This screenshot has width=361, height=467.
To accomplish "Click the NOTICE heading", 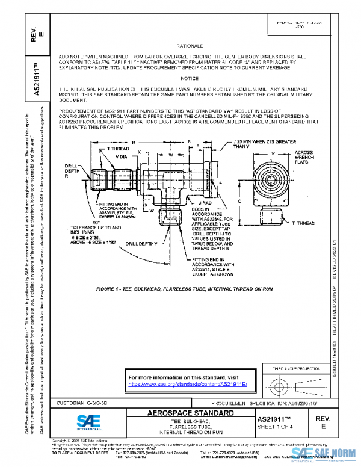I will (188, 79).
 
